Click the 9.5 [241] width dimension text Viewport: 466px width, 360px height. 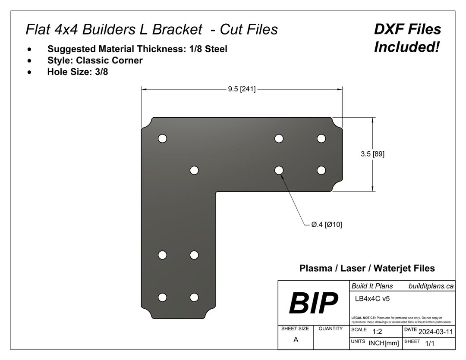242,89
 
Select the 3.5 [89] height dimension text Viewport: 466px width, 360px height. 372,154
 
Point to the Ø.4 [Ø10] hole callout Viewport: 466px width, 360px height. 326,225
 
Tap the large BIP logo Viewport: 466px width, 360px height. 313,304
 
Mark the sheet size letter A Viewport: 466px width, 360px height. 296,339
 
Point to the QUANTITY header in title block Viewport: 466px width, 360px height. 331,329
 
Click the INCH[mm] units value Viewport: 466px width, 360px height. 384,343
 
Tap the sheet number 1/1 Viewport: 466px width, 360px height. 430,344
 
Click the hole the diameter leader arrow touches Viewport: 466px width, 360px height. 279,170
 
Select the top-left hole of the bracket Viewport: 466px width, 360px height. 162,138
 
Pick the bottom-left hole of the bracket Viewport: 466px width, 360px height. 162,297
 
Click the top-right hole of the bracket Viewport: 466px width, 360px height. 321,138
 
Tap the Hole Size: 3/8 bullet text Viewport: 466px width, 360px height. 78,72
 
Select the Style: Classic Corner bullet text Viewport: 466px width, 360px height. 95,60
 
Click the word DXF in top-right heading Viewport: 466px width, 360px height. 388,29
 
